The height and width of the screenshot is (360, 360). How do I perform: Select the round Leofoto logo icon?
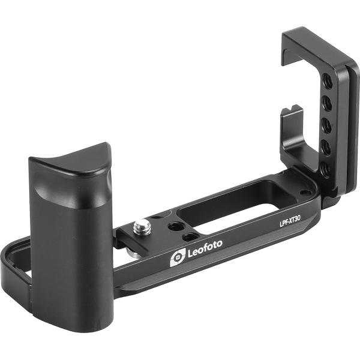pos(177,257)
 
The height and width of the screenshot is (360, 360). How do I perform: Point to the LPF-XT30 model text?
pos(290,223)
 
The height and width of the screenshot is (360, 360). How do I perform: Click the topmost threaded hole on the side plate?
pos(327,80)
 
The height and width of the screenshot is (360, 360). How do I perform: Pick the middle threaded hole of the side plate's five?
pos(326,125)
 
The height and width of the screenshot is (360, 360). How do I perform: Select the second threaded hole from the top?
pos(327,103)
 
